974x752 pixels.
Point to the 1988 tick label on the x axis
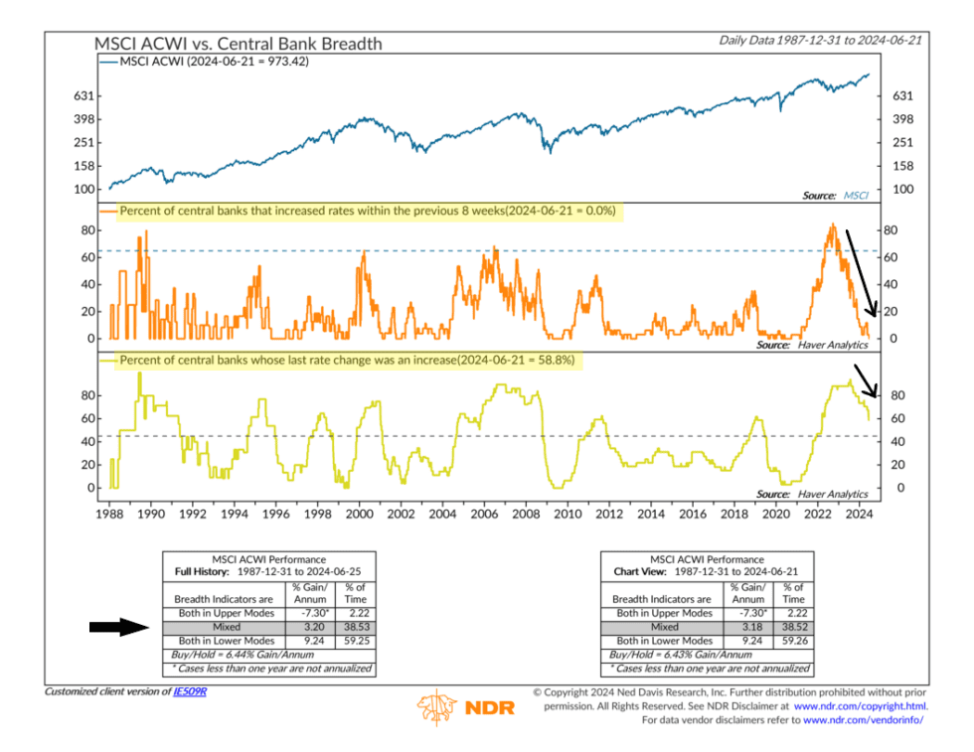(109, 515)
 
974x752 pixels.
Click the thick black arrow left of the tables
(117, 627)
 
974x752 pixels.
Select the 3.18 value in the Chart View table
(750, 627)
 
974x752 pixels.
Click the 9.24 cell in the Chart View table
(750, 641)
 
